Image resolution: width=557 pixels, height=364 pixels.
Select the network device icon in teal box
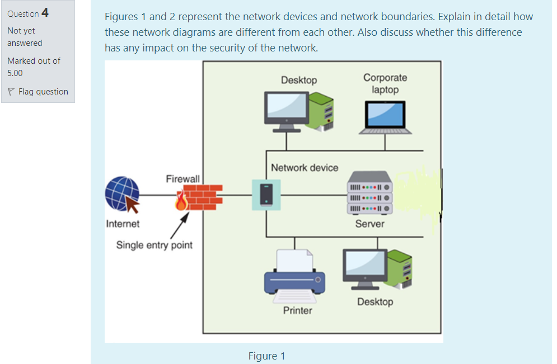[x=266, y=195]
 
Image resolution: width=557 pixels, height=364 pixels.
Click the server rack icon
[x=369, y=193]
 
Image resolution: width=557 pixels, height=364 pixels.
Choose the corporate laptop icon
[x=385, y=117]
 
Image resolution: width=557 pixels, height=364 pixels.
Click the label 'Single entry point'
[x=155, y=245]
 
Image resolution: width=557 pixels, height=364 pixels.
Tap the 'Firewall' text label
[x=182, y=178]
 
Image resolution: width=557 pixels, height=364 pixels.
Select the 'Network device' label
[x=305, y=167]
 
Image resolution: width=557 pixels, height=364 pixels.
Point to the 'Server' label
[x=369, y=224]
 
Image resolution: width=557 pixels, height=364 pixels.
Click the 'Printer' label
[x=297, y=310]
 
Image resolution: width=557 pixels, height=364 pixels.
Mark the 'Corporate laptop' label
[x=385, y=83]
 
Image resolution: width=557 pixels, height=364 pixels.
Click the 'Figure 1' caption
[x=267, y=356]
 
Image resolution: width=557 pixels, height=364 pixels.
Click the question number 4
[x=45, y=13]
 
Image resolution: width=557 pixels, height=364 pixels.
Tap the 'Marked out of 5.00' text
[x=34, y=67]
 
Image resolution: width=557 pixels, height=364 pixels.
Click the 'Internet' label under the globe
[x=123, y=224]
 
